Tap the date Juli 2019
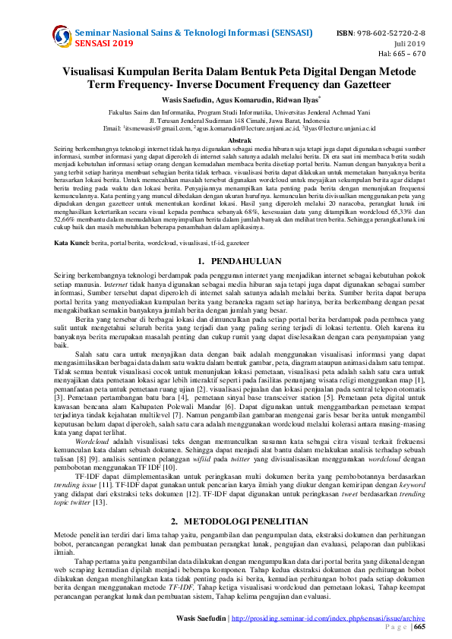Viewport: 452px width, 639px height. click(x=431, y=43)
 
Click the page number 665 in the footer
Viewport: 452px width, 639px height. click(x=419, y=627)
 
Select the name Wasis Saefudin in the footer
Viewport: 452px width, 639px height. click(x=201, y=619)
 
